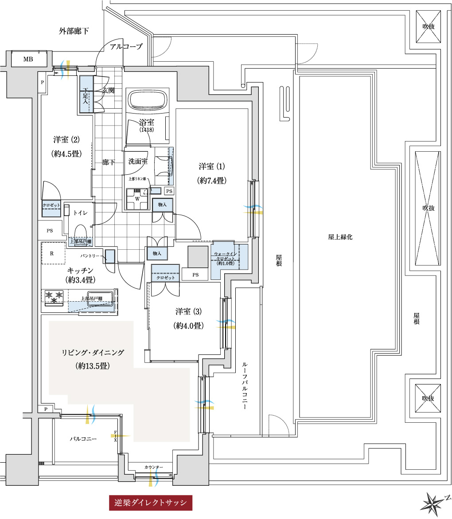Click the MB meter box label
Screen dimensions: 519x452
click(28, 59)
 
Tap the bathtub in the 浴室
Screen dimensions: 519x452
click(148, 101)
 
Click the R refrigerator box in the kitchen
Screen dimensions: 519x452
click(52, 254)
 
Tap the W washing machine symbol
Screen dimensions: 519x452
click(136, 198)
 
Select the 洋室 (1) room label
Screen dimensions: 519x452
click(212, 167)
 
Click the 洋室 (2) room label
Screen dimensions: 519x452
click(66, 140)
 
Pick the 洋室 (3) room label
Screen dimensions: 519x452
click(188, 311)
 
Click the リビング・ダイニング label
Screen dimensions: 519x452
click(93, 353)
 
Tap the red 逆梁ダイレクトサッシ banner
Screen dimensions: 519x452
click(151, 503)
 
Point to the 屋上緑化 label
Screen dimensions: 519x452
click(340, 237)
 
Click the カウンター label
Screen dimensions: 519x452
click(154, 467)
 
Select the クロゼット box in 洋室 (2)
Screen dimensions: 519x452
click(51, 205)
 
